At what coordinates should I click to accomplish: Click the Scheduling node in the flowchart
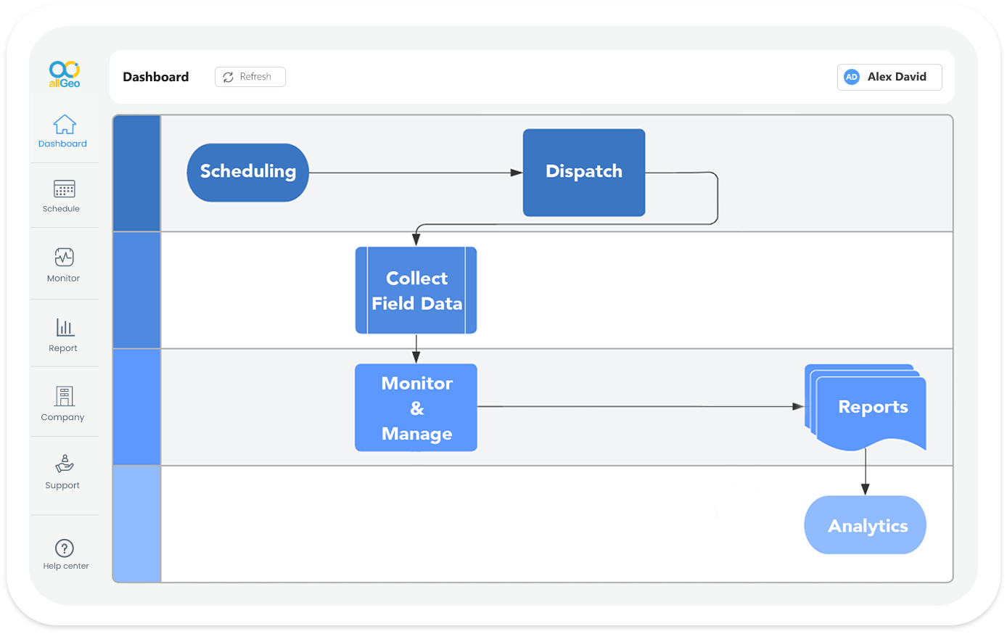coord(247,173)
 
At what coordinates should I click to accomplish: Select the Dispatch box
coord(584,173)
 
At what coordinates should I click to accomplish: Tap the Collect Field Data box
coord(416,290)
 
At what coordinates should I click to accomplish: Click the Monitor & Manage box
coord(416,408)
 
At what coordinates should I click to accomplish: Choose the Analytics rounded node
coord(865,525)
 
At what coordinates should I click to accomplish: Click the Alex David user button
coord(889,77)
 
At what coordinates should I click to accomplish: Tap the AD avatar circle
coord(852,77)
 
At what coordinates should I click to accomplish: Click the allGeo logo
coord(65,74)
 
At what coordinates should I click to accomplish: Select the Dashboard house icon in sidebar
coord(65,125)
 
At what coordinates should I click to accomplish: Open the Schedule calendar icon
coord(65,189)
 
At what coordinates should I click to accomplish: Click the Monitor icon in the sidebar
coord(65,257)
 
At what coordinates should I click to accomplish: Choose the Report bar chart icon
coord(65,327)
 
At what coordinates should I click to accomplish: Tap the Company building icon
coord(65,396)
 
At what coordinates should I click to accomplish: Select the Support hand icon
coord(65,464)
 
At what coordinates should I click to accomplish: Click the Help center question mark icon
coord(65,548)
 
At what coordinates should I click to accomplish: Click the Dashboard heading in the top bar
coord(156,77)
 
